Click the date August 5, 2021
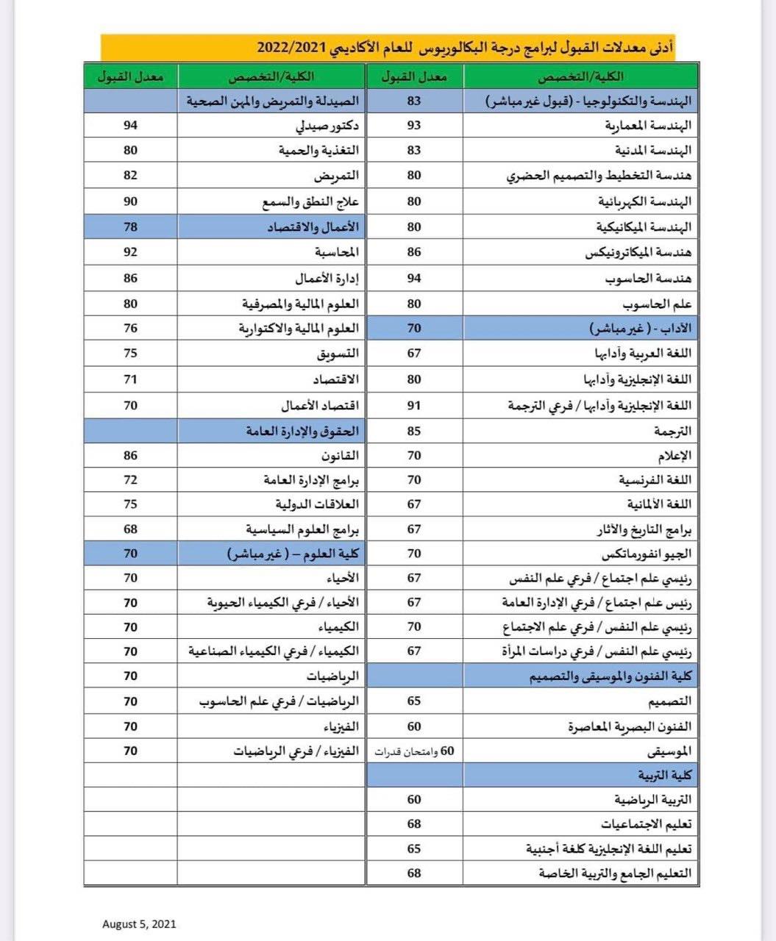139,924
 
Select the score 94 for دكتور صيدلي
130,125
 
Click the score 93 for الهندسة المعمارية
414,125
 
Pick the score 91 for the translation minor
414,405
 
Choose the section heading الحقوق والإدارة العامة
302,430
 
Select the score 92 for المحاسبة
130,251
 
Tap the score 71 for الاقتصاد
130,379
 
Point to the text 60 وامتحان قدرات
416,751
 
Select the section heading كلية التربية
665,776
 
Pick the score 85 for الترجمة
414,430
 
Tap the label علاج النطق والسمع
310,201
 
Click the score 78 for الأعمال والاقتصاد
130,226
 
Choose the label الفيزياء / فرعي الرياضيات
296,751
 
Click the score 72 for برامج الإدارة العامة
130,480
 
